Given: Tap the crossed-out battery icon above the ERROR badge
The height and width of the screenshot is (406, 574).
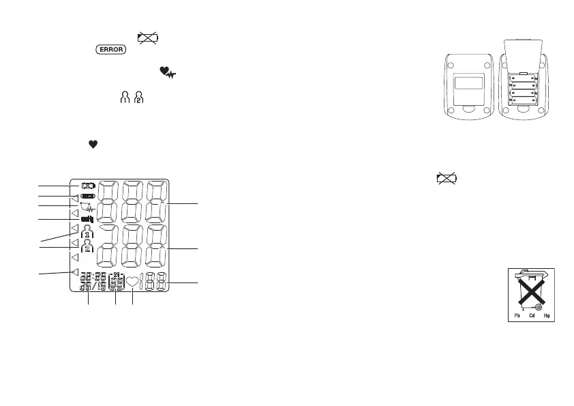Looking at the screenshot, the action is pyautogui.click(x=148, y=38).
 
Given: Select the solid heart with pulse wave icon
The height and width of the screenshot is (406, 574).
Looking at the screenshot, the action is pyautogui.click(x=166, y=71).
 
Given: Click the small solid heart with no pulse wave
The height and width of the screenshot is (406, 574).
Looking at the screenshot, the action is pyautogui.click(x=90, y=144).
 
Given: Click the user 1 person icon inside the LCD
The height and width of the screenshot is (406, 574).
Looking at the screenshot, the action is pyautogui.click(x=87, y=231).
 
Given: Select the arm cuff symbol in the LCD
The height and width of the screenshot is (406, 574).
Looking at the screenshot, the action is pyautogui.click(x=87, y=218).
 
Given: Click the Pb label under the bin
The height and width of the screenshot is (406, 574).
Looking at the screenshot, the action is pyautogui.click(x=517, y=315).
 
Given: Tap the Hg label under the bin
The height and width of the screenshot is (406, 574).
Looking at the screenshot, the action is pyautogui.click(x=545, y=315).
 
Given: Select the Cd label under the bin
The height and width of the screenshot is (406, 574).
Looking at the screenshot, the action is pyautogui.click(x=530, y=315).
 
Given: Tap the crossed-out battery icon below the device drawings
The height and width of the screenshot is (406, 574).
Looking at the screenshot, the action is pyautogui.click(x=447, y=179).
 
